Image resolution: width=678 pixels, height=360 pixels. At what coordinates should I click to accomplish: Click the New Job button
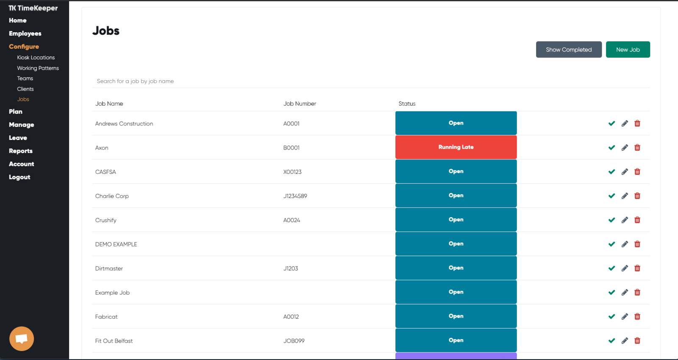(628, 49)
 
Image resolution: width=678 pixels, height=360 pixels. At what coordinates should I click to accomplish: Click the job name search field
(371, 81)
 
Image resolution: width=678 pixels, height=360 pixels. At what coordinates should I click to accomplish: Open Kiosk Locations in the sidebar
(36, 58)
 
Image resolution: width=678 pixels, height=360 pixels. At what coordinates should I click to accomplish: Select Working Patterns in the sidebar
(38, 68)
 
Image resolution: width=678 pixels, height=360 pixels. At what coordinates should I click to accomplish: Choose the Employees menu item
(25, 33)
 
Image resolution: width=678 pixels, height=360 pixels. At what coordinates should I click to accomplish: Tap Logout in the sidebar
(19, 177)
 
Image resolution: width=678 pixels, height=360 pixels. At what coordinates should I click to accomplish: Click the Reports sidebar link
(21, 151)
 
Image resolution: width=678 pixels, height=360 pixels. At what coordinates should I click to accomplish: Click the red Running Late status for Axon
(456, 147)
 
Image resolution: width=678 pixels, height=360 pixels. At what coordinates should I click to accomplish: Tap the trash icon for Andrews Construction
(637, 123)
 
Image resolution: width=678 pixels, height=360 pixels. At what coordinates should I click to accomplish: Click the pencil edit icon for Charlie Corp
(625, 196)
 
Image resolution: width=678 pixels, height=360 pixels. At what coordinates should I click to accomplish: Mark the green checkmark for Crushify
(611, 220)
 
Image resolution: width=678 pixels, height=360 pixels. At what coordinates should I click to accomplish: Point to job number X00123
(292, 172)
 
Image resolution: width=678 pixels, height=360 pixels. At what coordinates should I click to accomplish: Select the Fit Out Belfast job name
(114, 341)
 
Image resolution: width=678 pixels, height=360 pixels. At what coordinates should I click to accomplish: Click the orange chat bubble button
(22, 338)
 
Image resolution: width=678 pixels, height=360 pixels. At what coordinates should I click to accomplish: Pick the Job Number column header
(300, 103)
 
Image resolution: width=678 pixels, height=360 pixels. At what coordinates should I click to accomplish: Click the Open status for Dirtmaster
(456, 268)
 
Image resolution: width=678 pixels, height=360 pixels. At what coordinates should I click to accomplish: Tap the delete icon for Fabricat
(637, 316)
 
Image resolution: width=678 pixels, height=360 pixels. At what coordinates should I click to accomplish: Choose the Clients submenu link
(25, 89)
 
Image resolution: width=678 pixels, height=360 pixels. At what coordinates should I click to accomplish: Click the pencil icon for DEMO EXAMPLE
(625, 244)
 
